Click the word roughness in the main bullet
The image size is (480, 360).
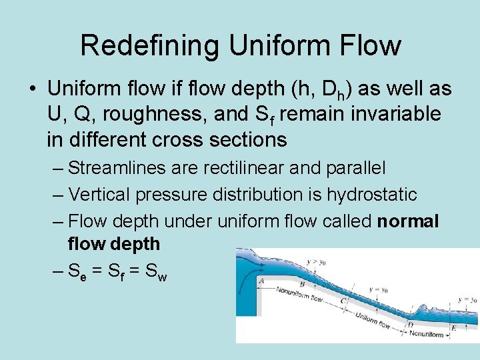[164, 114]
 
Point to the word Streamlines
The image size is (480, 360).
[111, 168]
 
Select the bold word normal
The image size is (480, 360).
[408, 221]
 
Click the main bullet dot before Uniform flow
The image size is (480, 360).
[31, 89]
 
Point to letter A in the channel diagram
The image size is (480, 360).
[261, 281]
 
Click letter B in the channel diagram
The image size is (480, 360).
[302, 285]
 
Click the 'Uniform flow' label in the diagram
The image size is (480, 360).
[373, 320]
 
